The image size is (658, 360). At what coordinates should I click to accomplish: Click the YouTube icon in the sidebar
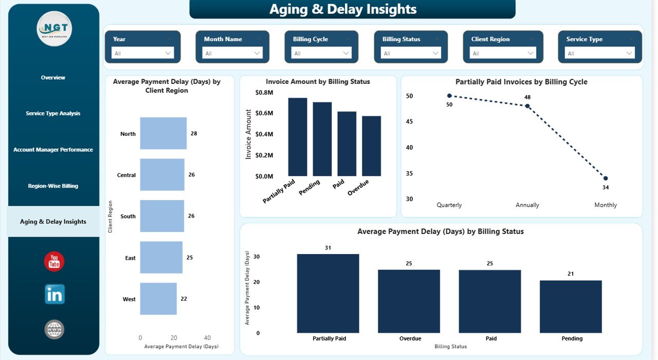point(54,261)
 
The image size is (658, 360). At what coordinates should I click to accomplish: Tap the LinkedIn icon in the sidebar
point(54,294)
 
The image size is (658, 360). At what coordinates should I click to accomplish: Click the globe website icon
point(54,329)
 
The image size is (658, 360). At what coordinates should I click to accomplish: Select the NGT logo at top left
point(54,29)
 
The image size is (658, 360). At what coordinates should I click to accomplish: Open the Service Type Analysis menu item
point(53,113)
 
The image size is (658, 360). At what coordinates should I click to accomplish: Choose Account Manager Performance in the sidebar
point(53,150)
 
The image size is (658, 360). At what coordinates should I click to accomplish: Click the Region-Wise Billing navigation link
point(53,186)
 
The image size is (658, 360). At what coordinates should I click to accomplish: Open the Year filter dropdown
point(143,53)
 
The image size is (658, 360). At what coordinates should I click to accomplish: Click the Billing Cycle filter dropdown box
point(321,53)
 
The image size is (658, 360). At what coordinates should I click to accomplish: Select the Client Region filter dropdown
point(503,53)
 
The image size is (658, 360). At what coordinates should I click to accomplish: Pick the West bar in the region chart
point(158,299)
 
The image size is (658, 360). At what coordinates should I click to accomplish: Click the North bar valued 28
point(163,133)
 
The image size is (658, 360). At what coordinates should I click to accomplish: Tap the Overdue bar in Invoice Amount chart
point(372,146)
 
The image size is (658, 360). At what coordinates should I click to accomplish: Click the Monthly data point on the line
point(606,178)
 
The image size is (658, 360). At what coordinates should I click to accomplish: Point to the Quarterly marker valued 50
point(449,96)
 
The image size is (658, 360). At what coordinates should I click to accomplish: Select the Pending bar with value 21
point(571,307)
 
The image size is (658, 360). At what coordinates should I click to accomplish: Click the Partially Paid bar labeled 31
point(328,294)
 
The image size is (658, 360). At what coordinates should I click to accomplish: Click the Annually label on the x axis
point(527,205)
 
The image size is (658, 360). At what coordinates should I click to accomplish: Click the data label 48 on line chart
point(527,97)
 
